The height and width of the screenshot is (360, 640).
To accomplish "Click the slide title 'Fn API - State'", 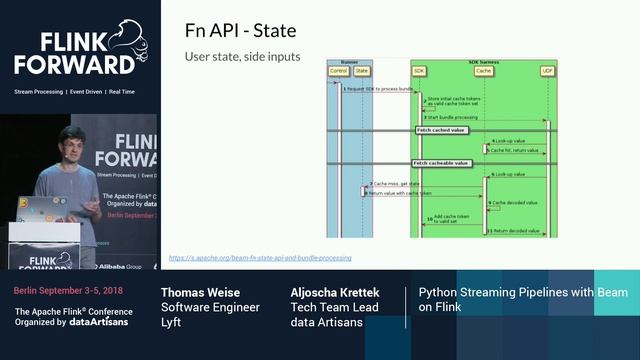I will coord(240,30).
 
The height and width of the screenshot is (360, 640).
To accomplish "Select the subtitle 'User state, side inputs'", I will coord(242,57).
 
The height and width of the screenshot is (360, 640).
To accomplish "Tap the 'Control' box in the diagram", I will coord(339,71).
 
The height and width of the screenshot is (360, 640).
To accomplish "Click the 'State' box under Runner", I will coord(361,71).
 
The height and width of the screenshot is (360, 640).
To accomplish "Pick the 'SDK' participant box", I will coord(418,71).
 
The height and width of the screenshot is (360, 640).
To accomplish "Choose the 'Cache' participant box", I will coord(484,71).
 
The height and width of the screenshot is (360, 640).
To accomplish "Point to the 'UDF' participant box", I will coord(547,71).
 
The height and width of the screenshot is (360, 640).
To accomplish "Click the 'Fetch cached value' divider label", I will coord(441,129).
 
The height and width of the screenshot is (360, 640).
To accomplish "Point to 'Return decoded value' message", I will coord(516,231).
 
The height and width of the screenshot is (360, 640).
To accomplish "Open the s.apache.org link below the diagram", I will coord(259,257).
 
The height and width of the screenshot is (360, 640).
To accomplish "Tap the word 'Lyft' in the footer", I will coord(172,322).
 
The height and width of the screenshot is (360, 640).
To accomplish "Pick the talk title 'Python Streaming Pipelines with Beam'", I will coord(523,292).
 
